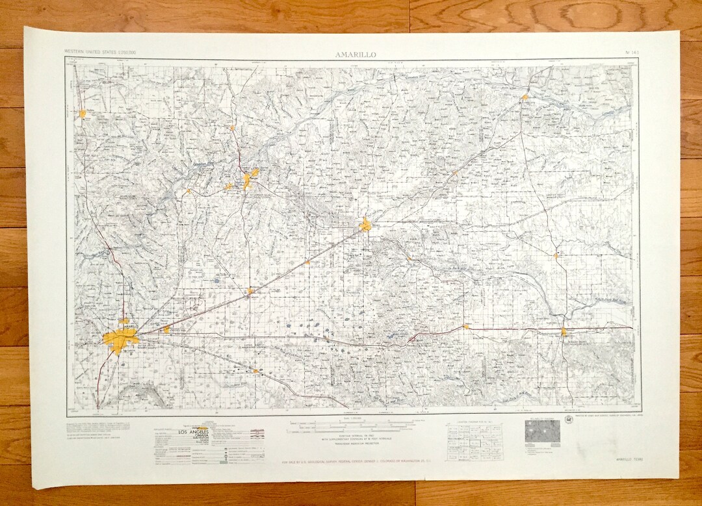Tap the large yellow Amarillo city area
coord(121,339)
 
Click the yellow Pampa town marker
coord(366,225)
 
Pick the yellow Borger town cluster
coord(249,178)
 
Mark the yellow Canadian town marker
coord(524,97)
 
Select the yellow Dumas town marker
coord(83,114)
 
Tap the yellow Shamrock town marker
coord(564,331)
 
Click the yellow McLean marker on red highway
coord(466,326)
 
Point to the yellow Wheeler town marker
coord(556,255)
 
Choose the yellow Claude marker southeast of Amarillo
coord(256,371)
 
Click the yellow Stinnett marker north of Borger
coord(232,128)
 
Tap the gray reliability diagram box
coord(542,431)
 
